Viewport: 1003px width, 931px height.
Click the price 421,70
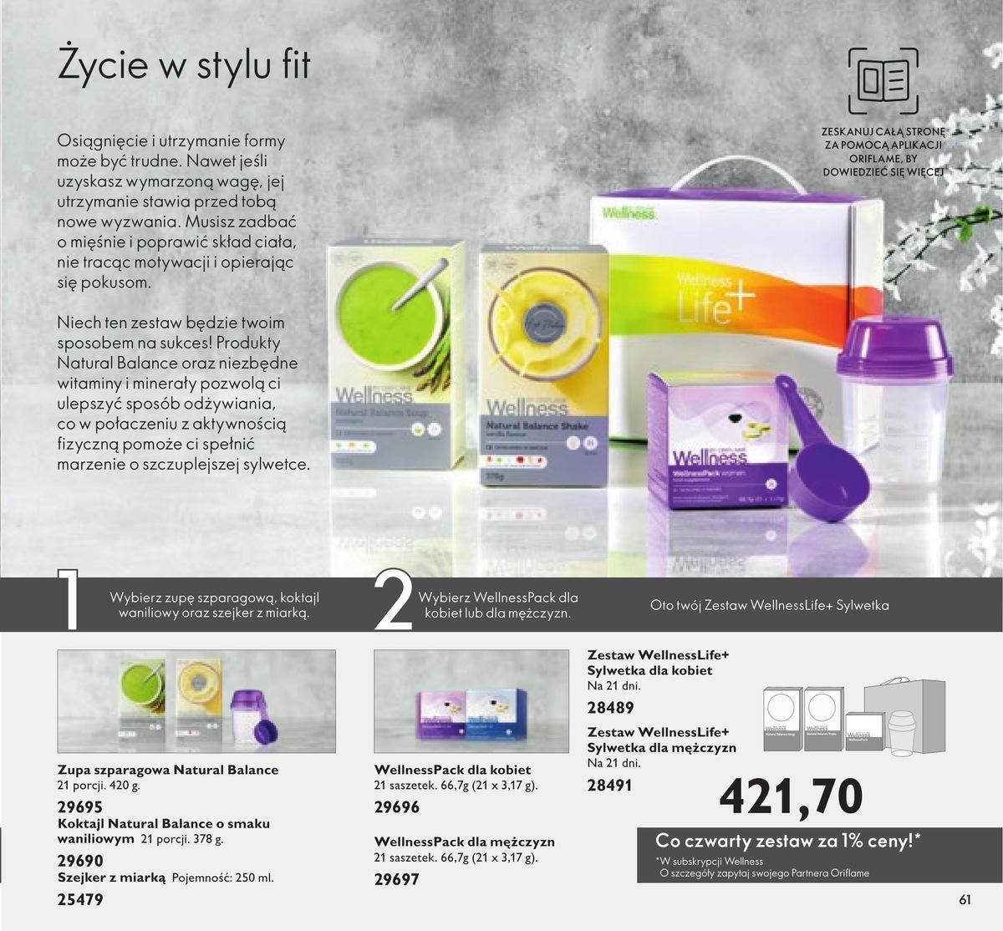791,796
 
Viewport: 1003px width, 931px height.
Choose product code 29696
397,807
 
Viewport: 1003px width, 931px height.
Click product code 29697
397,879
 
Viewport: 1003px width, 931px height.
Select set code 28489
611,707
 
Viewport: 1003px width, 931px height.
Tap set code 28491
610,785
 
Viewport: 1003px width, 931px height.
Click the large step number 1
69,599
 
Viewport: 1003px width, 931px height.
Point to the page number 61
965,900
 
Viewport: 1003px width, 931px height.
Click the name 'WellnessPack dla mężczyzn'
464,842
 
